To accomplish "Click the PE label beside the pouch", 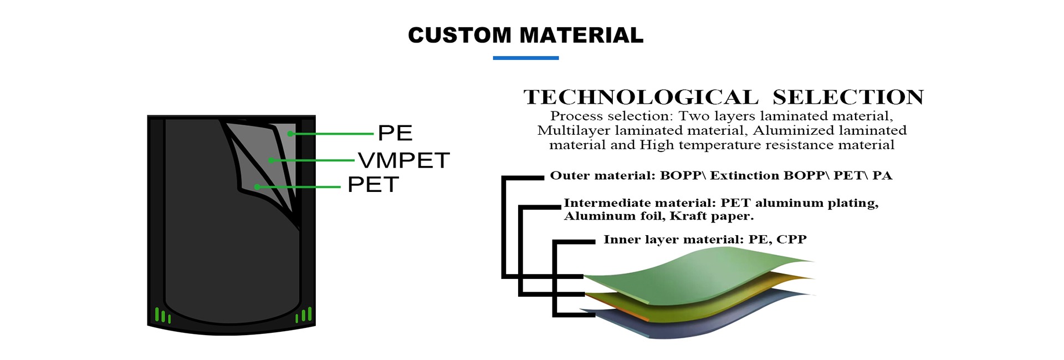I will tap(395, 133).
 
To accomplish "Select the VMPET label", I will tap(403, 160).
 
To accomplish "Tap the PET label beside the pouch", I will tap(373, 185).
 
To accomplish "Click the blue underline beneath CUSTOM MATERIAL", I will tap(525, 58).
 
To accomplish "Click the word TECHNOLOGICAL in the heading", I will tap(641, 98).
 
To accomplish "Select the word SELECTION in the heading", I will tap(848, 98).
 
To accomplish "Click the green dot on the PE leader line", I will tap(290, 134).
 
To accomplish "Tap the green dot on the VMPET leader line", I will tap(271, 160).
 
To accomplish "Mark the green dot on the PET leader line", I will tap(257, 187).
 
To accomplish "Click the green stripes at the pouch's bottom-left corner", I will tap(162, 316).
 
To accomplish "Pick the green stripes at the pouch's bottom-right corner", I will tap(304, 316).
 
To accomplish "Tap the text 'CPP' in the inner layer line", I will tap(791, 240).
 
